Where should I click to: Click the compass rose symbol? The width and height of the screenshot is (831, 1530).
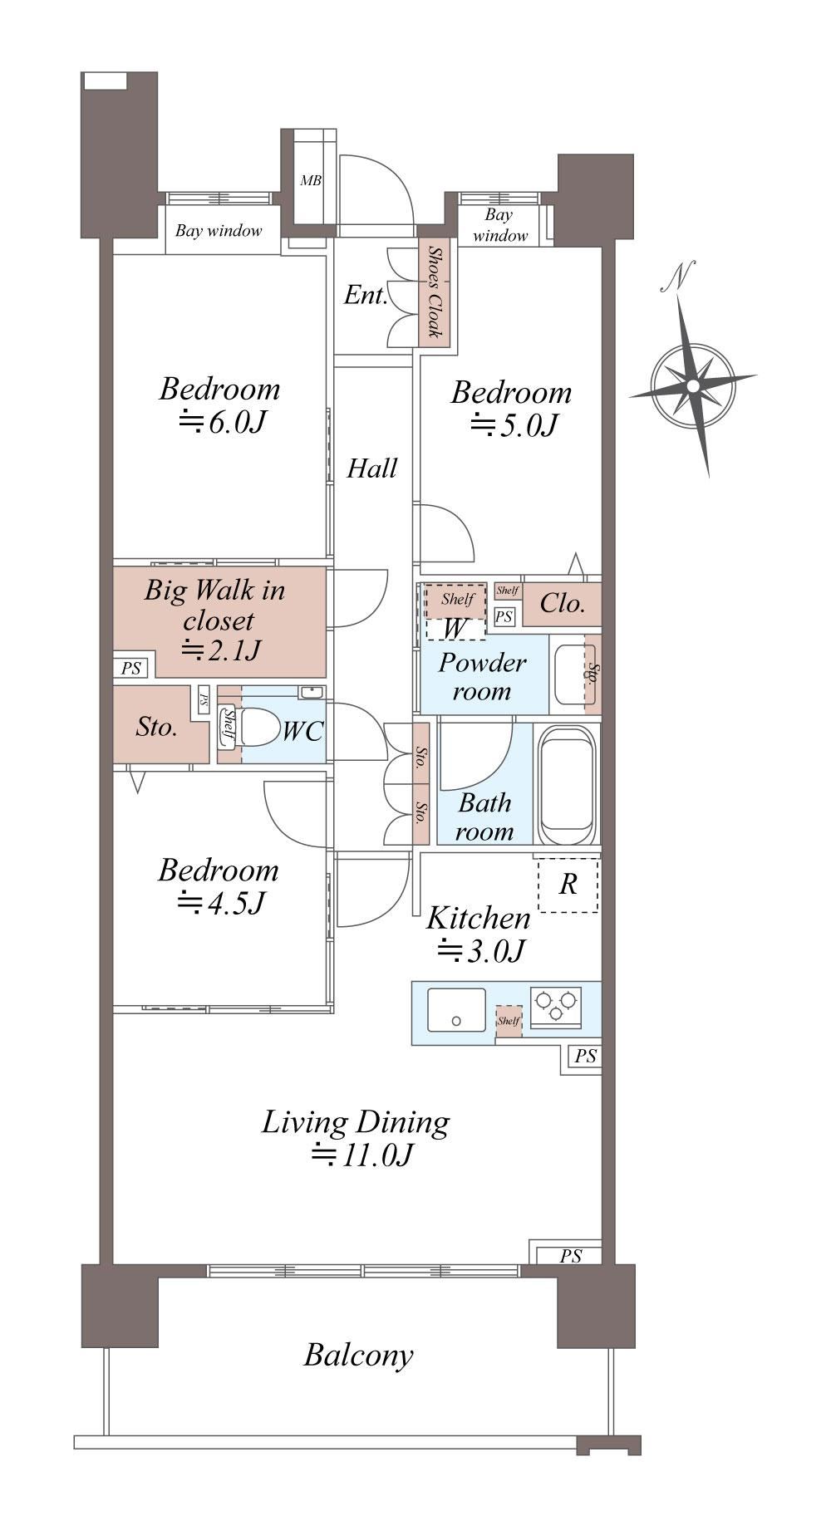click(693, 385)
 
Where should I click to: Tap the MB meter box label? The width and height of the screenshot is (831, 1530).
click(311, 180)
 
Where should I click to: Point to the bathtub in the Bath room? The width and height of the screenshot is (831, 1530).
click(568, 784)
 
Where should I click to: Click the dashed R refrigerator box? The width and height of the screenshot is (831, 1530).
click(568, 885)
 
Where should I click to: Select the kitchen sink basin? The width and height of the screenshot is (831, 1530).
click(456, 1009)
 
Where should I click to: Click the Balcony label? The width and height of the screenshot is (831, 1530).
click(358, 1355)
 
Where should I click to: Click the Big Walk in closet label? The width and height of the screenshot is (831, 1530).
click(215, 605)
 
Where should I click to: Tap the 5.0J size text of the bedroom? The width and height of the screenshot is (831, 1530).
click(513, 425)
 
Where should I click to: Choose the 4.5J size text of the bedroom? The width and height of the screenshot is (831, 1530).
click(220, 903)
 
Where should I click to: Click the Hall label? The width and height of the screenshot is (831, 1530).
click(371, 468)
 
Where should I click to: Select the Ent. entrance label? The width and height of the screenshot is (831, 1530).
click(366, 295)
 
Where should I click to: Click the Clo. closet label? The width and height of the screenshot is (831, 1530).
click(563, 603)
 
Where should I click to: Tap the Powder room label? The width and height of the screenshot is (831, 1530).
click(482, 676)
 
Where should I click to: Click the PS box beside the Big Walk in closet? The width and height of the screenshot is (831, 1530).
click(131, 668)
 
